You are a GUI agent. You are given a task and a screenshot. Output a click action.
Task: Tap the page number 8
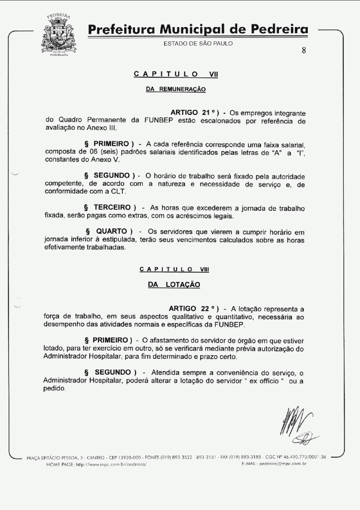tap(304, 50)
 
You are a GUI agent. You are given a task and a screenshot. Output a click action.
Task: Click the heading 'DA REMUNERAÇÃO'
tap(176, 90)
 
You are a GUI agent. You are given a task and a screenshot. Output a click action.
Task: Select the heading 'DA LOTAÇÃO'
tap(174, 284)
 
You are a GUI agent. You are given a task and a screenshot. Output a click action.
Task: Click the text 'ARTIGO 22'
tap(188, 308)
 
